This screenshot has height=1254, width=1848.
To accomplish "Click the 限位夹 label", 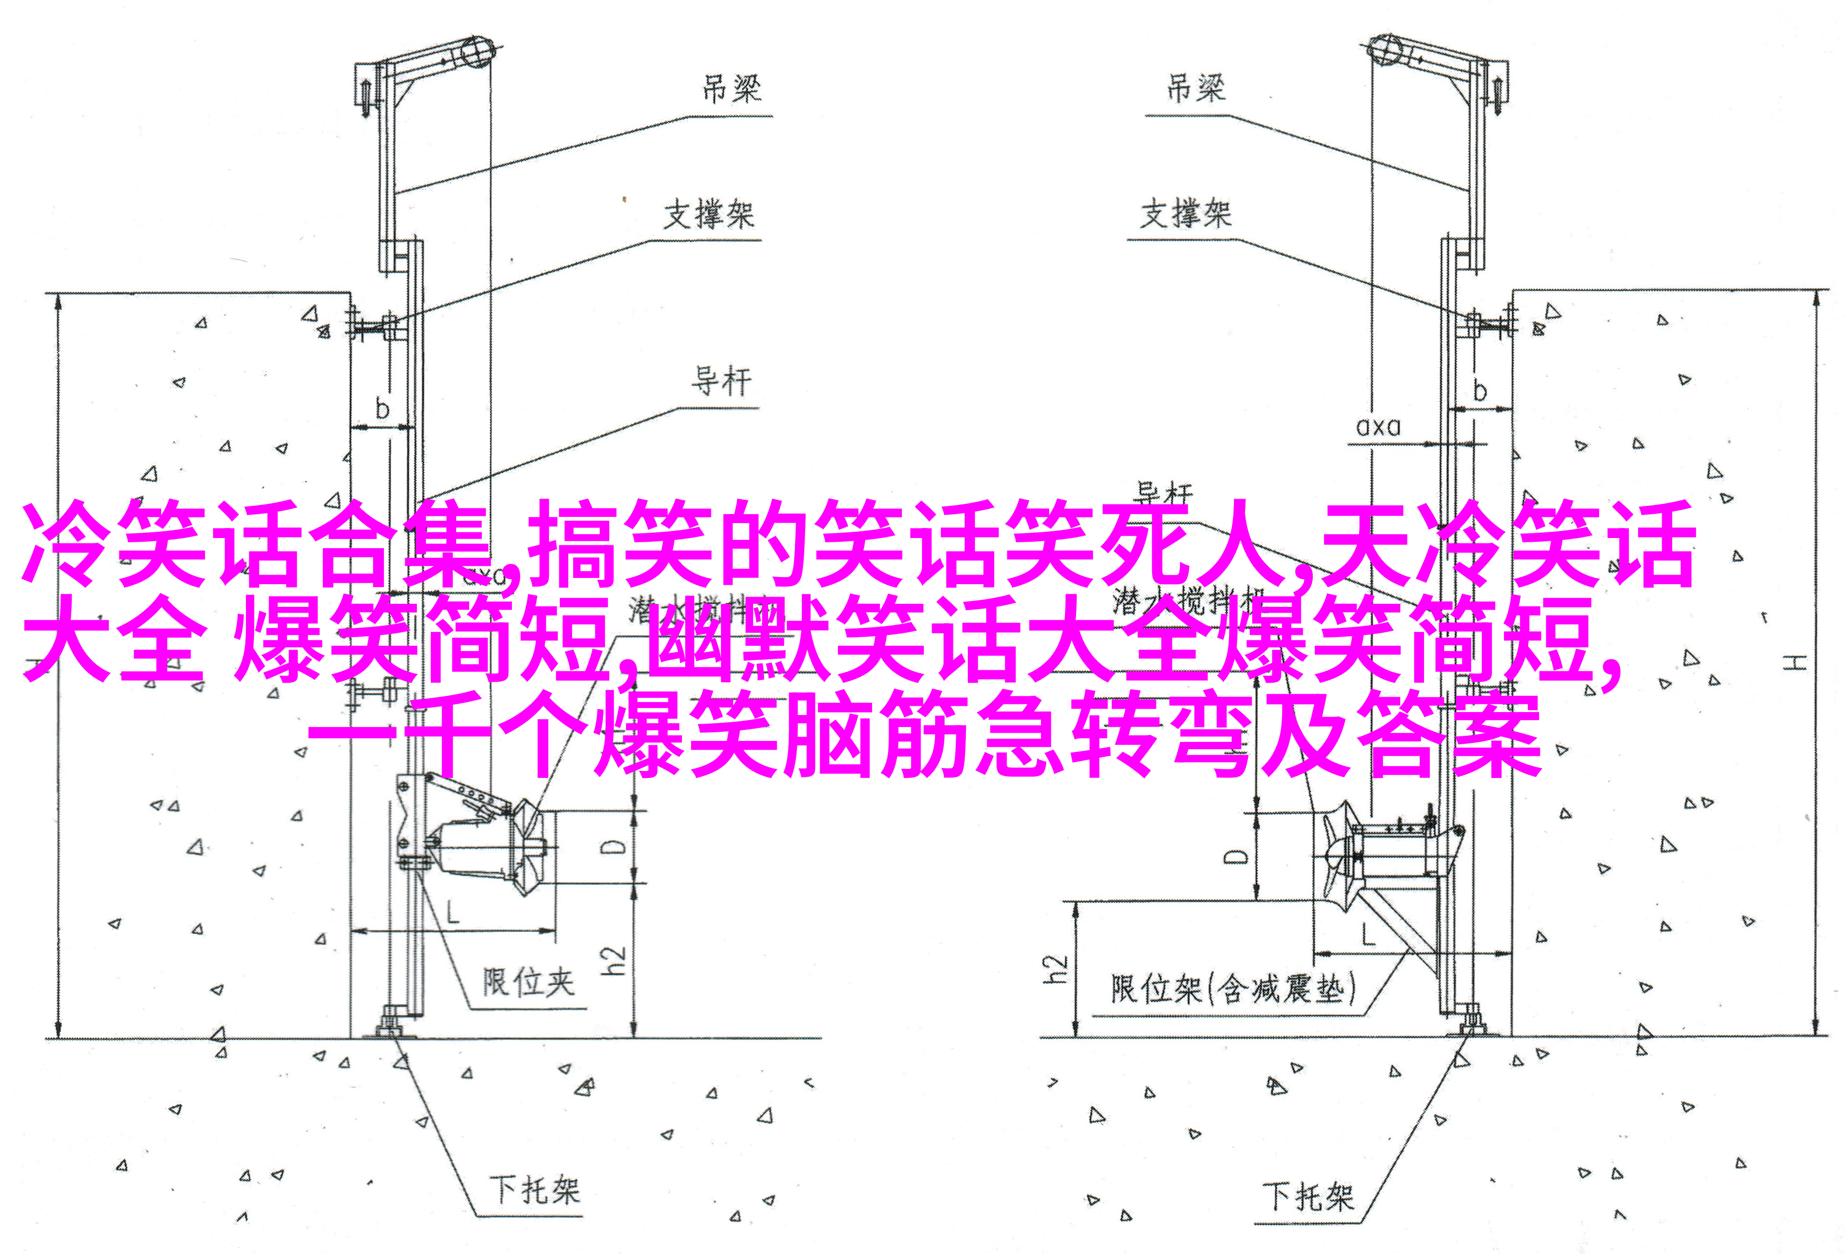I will coord(527,983).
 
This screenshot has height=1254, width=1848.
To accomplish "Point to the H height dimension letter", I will coord(1794,662).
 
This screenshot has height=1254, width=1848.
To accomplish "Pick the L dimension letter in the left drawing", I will coord(452,912).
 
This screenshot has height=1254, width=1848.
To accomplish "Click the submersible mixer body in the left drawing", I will coord(477,846).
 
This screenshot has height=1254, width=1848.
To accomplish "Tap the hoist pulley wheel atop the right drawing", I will coord(1385,49).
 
